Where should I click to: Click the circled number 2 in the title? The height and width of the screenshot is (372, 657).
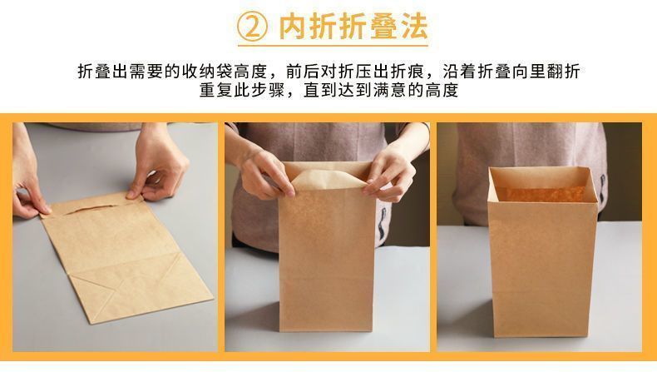[x=252, y=27]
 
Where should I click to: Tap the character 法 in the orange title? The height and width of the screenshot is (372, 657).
[x=412, y=27]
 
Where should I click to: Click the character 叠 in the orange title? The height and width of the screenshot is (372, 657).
[x=381, y=27]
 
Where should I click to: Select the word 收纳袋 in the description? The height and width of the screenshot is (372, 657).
[x=207, y=72]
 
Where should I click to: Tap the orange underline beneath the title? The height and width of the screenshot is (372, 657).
[x=333, y=45]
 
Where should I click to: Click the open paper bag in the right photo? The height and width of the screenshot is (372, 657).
[x=542, y=251]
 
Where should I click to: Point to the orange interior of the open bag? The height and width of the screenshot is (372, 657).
[x=541, y=194]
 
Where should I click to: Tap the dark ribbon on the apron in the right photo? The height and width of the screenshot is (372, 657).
[x=603, y=189]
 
